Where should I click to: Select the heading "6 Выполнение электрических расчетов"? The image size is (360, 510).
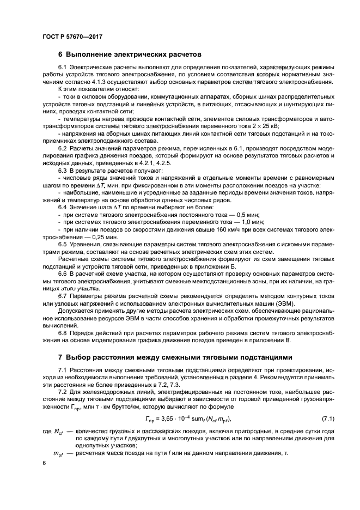130,54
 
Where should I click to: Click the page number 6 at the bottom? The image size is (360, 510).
44,462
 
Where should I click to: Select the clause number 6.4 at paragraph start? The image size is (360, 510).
63,208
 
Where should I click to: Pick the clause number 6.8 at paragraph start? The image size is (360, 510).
63,333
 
